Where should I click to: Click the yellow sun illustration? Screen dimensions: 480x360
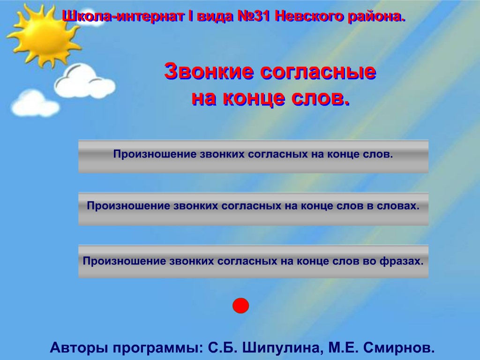point(45,35)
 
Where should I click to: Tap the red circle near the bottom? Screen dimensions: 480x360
point(240,306)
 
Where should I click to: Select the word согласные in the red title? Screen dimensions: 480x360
point(318,72)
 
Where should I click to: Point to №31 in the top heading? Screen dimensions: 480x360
point(254,16)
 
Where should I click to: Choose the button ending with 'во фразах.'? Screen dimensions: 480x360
point(254,261)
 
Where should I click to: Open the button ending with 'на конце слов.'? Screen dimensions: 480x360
point(254,157)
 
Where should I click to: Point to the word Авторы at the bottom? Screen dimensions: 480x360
point(79,347)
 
